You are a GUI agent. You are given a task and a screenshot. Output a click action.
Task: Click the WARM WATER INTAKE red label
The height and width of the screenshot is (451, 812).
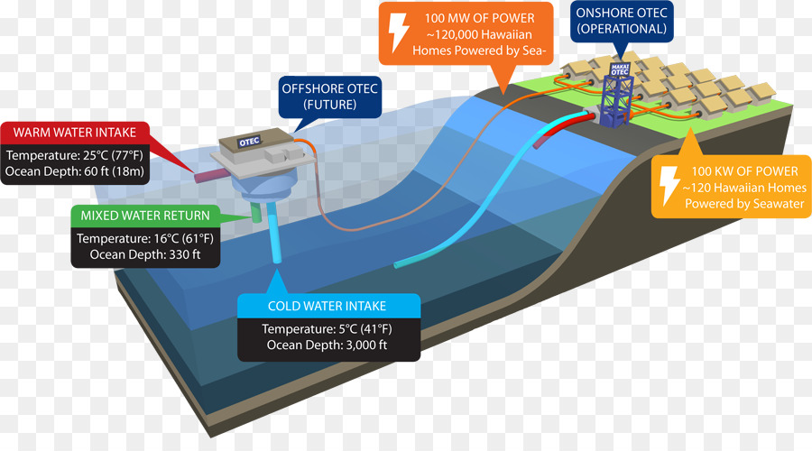tap(75, 133)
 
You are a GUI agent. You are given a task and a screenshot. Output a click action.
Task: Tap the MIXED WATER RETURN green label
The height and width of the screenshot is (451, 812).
tap(145, 216)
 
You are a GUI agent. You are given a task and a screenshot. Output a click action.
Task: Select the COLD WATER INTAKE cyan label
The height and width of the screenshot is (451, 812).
tap(328, 306)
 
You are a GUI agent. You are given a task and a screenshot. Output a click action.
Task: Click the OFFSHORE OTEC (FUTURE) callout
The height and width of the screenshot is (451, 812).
tap(330, 97)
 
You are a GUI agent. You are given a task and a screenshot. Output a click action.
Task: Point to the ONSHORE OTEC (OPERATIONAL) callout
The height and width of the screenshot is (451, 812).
tap(622, 22)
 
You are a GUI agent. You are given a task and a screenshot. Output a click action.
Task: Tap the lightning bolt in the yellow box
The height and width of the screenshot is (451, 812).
tap(669, 186)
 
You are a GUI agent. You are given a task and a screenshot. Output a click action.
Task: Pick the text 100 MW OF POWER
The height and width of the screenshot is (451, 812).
tap(480, 18)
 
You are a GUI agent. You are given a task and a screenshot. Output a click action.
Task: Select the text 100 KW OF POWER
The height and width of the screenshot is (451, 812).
tap(744, 171)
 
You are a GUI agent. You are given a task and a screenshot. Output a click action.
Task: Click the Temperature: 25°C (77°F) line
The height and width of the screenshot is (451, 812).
tap(75, 155)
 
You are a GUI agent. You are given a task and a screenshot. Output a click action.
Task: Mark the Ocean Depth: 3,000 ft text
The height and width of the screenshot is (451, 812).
tap(327, 345)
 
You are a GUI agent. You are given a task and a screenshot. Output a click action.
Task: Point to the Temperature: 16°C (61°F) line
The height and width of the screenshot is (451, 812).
tap(145, 238)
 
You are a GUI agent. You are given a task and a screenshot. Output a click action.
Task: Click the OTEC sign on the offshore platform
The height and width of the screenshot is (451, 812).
tap(249, 142)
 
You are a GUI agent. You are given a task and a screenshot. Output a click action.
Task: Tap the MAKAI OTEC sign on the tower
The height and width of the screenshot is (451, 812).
tap(620, 69)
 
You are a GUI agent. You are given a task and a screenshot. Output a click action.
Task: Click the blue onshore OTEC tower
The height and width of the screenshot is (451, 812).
tap(616, 96)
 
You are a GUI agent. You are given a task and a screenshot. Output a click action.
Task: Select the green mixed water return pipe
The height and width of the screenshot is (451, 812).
tap(257, 212)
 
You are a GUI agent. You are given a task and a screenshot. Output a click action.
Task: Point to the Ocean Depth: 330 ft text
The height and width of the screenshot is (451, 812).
tap(145, 254)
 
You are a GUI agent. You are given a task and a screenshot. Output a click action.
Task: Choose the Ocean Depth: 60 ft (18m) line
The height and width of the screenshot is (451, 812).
tap(75, 171)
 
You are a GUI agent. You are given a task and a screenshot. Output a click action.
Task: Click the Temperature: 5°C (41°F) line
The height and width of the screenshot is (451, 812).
tap(327, 329)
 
